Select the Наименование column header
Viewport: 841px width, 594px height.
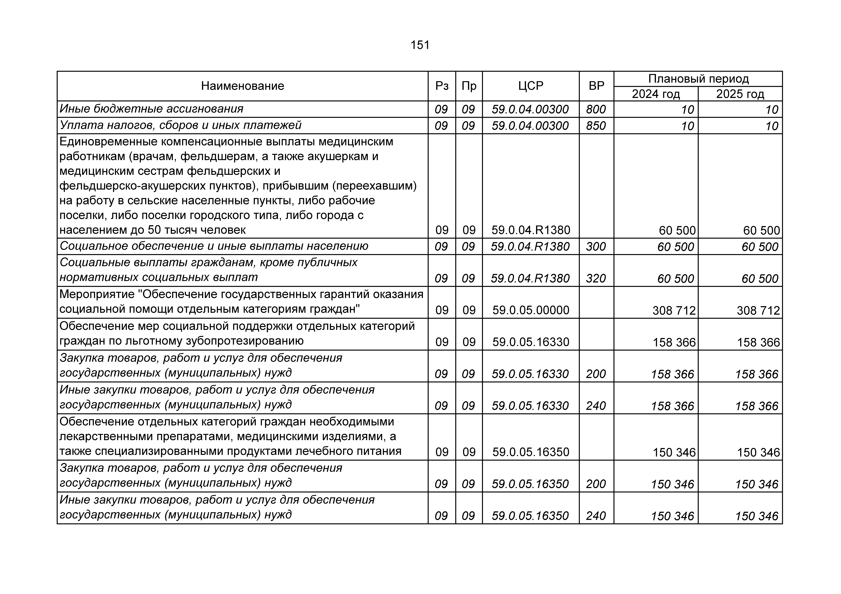pos(242,86)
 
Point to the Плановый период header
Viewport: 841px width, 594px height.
pos(698,79)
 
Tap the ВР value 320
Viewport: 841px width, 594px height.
pos(596,279)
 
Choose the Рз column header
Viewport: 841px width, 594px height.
pos(442,86)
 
